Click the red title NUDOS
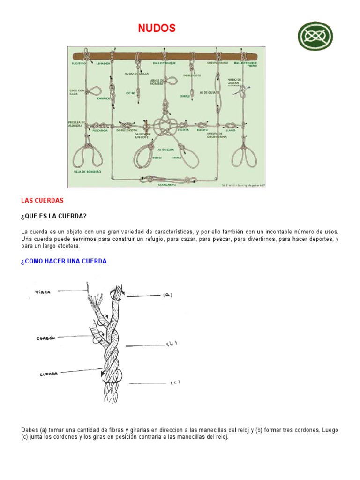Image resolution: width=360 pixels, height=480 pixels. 157,29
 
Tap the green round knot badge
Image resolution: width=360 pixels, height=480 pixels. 315,37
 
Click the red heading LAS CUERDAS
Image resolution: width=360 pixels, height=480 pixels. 42,200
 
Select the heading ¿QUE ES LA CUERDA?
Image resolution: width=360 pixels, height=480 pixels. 54,216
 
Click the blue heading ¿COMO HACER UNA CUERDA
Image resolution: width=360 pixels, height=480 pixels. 64,261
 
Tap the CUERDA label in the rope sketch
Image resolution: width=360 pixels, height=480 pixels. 48,374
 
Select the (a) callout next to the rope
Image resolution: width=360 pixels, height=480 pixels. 167,295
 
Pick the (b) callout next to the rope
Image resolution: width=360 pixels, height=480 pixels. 172,345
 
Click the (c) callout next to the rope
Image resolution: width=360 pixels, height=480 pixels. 175,382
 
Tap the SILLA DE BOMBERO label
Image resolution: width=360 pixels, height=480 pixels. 87,172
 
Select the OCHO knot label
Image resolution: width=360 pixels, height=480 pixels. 131,93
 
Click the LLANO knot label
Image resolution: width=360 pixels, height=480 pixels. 231,130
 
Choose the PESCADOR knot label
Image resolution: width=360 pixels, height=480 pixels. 100,131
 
